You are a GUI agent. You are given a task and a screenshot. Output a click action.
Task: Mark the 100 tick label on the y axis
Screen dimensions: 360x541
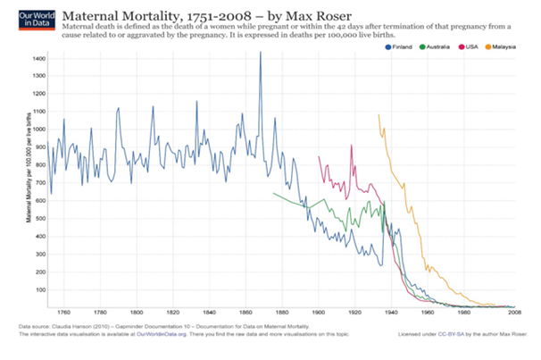click(x=39, y=290)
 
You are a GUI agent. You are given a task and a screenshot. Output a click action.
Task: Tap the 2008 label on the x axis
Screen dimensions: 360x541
click(x=515, y=313)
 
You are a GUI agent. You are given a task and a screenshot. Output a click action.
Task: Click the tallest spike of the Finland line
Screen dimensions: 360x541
click(x=260, y=53)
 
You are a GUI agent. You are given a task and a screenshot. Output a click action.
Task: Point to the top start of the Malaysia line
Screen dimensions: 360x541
click(x=379, y=114)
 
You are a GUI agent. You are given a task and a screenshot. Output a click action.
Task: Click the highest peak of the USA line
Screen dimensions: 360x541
click(x=352, y=146)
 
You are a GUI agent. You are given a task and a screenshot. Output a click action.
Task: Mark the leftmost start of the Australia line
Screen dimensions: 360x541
click(x=273, y=193)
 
